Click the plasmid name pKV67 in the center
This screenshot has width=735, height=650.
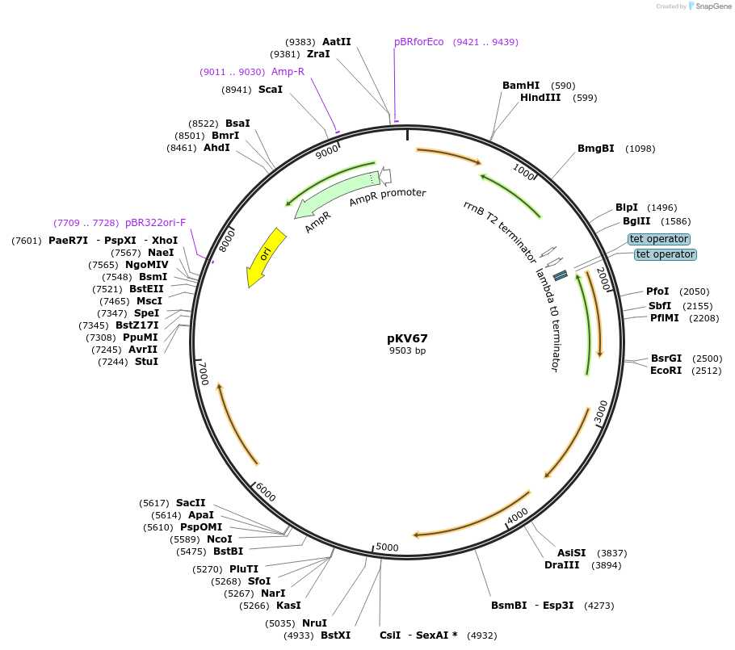click(407, 338)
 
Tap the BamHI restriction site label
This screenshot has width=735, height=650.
click(520, 86)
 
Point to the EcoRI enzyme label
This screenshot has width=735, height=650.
click(666, 371)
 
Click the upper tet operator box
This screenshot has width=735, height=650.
click(659, 239)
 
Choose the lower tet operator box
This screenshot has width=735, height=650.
click(665, 254)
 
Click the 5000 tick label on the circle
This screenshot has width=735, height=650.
click(388, 547)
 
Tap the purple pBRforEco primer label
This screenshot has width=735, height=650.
click(418, 42)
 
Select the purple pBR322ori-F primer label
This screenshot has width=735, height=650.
click(155, 223)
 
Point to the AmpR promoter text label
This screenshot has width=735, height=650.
click(387, 199)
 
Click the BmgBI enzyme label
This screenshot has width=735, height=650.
click(595, 149)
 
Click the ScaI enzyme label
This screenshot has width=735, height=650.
click(270, 90)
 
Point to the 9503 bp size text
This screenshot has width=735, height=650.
click(407, 350)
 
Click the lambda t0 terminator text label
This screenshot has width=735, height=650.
click(547, 320)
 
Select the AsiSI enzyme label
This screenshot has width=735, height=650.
click(571, 553)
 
